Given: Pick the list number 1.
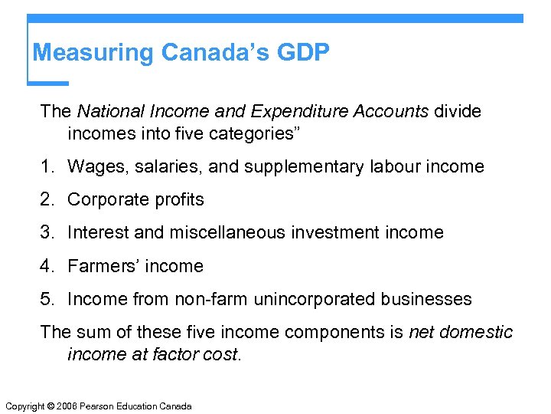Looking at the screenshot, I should [45, 166].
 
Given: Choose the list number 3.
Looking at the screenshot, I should [45, 233].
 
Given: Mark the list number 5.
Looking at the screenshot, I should [45, 300].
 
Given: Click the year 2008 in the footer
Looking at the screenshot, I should [67, 406].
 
